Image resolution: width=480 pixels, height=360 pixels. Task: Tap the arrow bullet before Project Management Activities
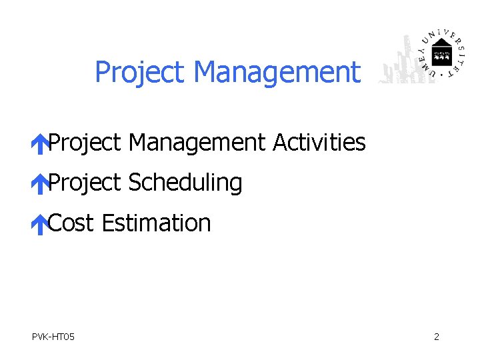click(40, 144)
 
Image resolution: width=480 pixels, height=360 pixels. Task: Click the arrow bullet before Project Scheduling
click(40, 184)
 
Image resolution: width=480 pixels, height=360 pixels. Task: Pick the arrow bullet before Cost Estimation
click(40, 225)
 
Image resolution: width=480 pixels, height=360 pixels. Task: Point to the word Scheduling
click(185, 183)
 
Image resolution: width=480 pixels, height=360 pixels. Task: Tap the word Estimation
click(157, 223)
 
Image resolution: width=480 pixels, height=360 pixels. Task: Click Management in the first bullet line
click(197, 142)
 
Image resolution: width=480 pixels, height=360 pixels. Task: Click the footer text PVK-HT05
click(53, 337)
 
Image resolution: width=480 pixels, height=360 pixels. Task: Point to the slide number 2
click(437, 337)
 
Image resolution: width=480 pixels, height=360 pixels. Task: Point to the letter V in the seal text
click(447, 33)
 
